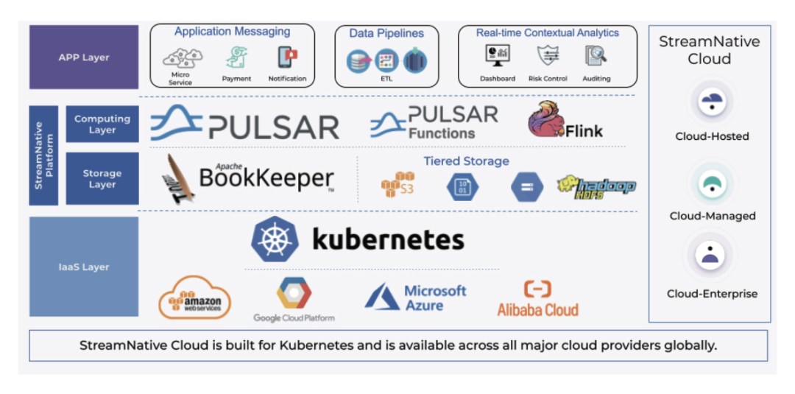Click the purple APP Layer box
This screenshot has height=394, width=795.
pyautogui.click(x=84, y=57)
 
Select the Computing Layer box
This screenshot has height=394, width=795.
pyautogui.click(x=102, y=124)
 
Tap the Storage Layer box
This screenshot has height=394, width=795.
pyautogui.click(x=102, y=178)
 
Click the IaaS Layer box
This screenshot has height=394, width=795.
pyautogui.click(x=84, y=267)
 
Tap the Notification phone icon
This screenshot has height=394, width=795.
pyautogui.click(x=288, y=57)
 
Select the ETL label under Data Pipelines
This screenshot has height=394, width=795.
pyautogui.click(x=387, y=79)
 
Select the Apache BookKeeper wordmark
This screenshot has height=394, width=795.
pyautogui.click(x=266, y=177)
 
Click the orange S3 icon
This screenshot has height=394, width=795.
pyautogui.click(x=398, y=185)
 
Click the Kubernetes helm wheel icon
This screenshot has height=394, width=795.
pyautogui.click(x=275, y=239)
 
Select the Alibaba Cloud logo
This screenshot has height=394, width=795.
pyautogui.click(x=537, y=298)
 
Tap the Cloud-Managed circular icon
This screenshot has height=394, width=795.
pyautogui.click(x=712, y=184)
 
